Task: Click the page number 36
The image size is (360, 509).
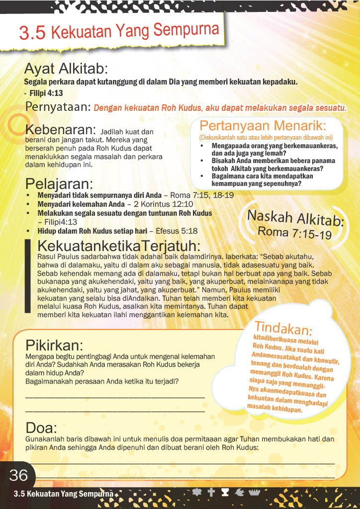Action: click(x=19, y=476)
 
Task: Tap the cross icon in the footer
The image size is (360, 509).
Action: click(x=211, y=492)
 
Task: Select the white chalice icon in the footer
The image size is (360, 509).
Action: click(x=225, y=492)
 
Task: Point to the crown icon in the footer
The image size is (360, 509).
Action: click(x=255, y=492)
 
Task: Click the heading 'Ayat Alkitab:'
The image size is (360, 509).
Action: click(x=66, y=68)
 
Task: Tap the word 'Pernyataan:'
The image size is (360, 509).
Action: click(x=58, y=107)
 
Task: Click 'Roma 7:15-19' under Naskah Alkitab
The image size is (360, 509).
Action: click(x=294, y=233)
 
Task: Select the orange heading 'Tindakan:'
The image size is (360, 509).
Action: click(x=283, y=329)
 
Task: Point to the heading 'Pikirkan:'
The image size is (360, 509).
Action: click(x=54, y=345)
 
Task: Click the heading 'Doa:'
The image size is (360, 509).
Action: click(x=41, y=427)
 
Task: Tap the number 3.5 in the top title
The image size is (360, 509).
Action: click(x=32, y=33)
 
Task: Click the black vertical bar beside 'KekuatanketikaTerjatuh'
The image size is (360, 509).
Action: click(x=28, y=276)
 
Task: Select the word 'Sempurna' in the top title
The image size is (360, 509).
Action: click(x=186, y=30)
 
